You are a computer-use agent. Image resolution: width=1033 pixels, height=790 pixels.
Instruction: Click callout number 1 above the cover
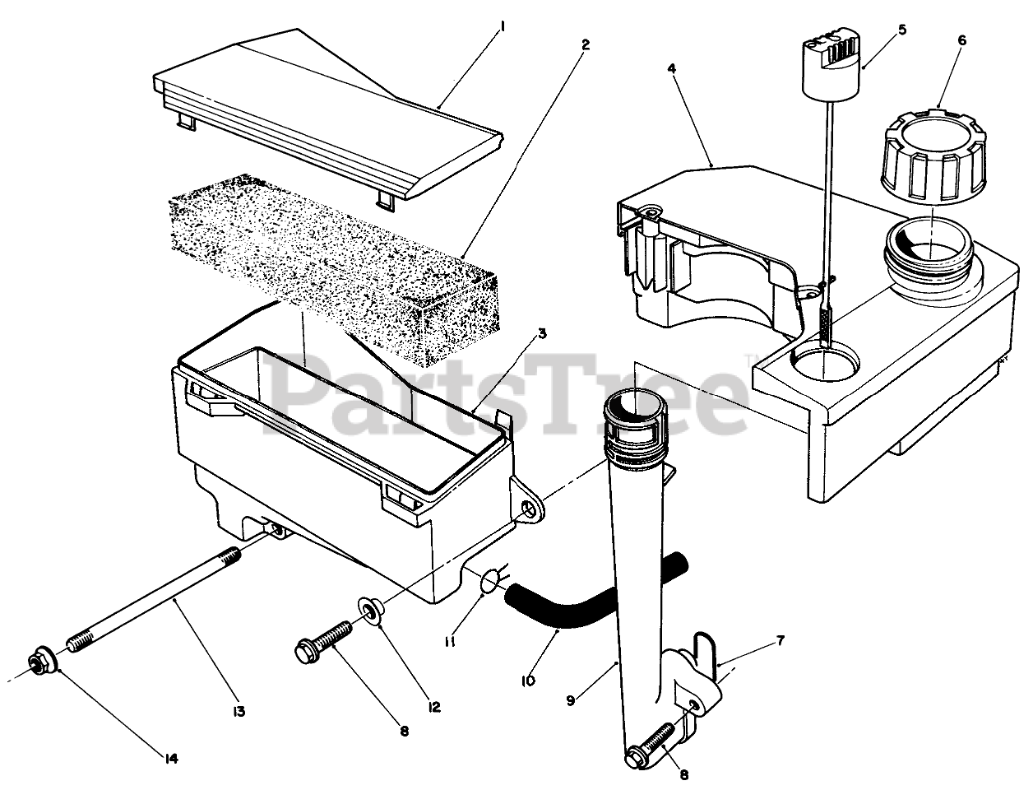pos(502,27)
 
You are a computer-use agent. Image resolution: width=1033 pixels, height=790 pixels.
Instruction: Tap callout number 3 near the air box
pos(542,334)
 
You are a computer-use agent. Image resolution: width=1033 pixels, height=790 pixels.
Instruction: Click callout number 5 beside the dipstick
pos(902,30)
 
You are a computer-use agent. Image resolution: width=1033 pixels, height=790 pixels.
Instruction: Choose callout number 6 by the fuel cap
pos(962,40)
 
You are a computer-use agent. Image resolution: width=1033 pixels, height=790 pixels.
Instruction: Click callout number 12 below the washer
pos(434,706)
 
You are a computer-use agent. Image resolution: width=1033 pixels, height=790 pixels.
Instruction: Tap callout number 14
pos(170,758)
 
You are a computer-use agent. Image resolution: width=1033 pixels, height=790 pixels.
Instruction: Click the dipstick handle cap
pos(830,55)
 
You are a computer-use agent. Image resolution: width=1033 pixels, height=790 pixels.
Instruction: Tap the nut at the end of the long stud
pos(40,660)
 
